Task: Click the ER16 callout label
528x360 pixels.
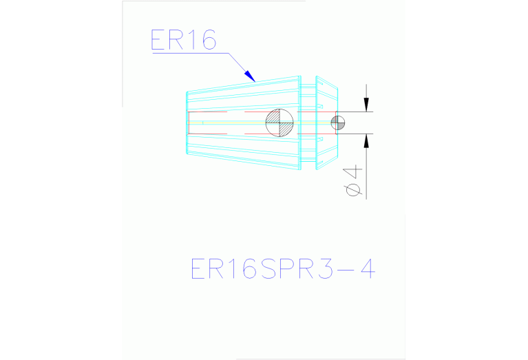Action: point(184,40)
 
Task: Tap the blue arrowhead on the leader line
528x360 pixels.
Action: point(250,76)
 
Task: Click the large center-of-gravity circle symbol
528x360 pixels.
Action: point(279,123)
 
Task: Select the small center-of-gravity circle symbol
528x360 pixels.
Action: point(338,123)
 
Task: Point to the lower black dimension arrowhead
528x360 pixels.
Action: point(366,141)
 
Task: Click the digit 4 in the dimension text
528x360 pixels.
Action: point(354,172)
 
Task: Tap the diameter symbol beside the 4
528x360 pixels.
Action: point(354,189)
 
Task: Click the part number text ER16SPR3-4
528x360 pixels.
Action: point(283,268)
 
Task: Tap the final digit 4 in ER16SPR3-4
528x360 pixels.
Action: point(368,268)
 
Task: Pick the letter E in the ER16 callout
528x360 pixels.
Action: point(158,40)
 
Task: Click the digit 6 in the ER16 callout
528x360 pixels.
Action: point(209,40)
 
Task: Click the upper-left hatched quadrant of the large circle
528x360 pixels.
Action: point(273,116)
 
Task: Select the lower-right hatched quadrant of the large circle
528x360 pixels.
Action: point(286,129)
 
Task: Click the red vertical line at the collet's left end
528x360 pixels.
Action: point(189,123)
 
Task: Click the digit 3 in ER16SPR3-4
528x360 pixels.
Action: point(325,268)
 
